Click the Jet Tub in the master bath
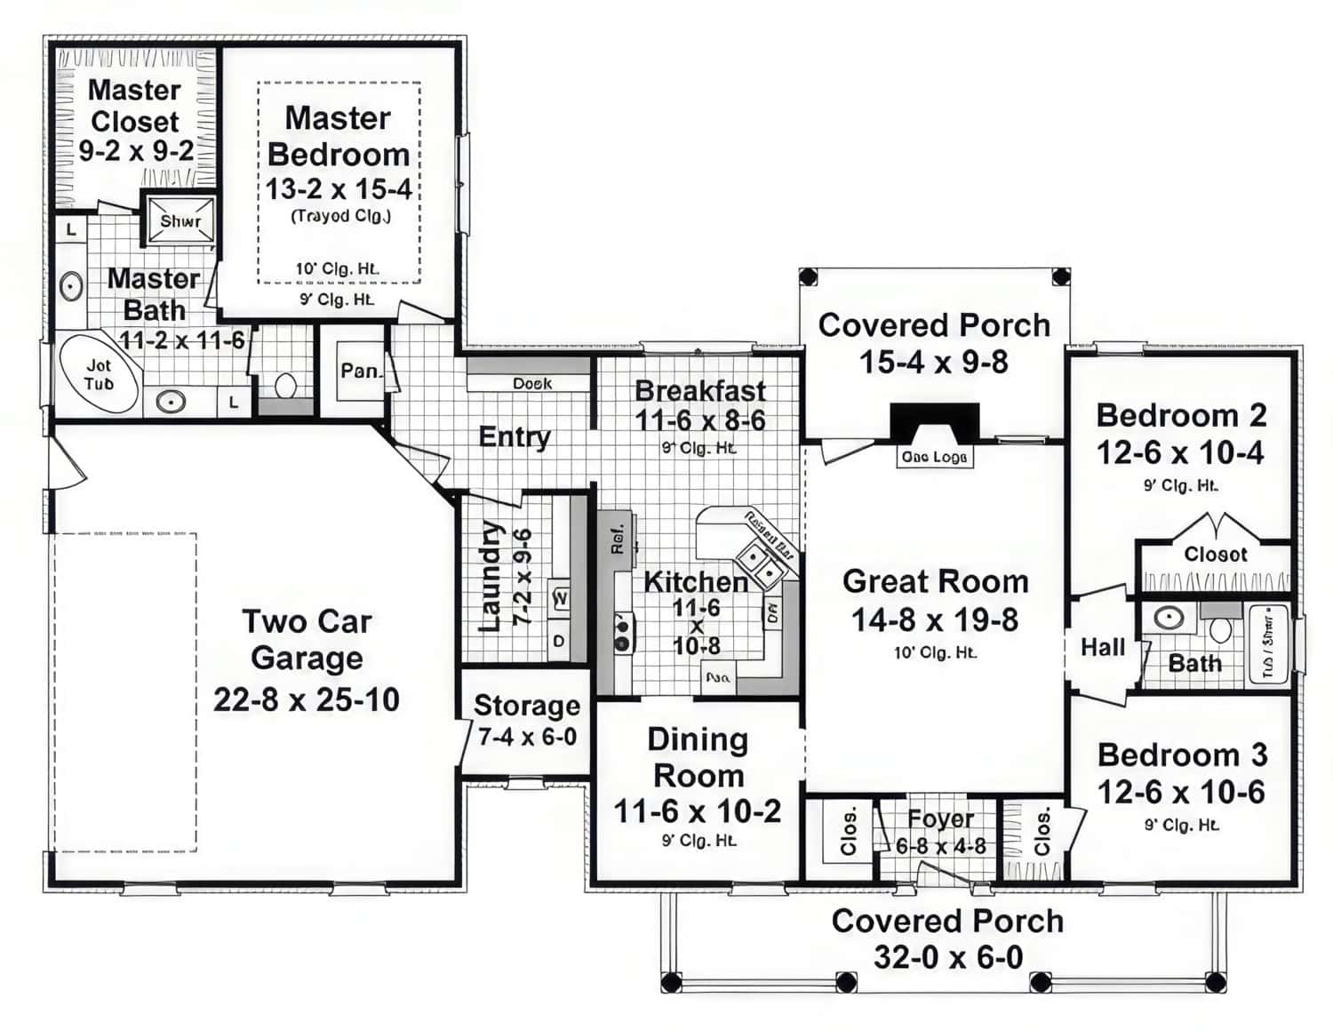[x=99, y=375]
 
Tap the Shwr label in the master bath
[x=180, y=220]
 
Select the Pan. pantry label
[x=360, y=370]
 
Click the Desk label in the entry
[x=531, y=383]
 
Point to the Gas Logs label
[x=934, y=457]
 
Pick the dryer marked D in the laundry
[x=559, y=640]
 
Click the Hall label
[x=1102, y=647]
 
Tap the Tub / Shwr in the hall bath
[x=1268, y=643]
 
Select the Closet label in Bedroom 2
[x=1215, y=554]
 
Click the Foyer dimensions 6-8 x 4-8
[x=940, y=845]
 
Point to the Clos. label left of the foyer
[x=848, y=831]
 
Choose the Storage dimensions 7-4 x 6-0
[x=527, y=737]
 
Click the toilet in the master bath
[x=285, y=386]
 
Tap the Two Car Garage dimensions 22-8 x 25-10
[x=306, y=699]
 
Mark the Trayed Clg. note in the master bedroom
[x=340, y=216]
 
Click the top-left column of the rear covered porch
[x=807, y=276]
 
